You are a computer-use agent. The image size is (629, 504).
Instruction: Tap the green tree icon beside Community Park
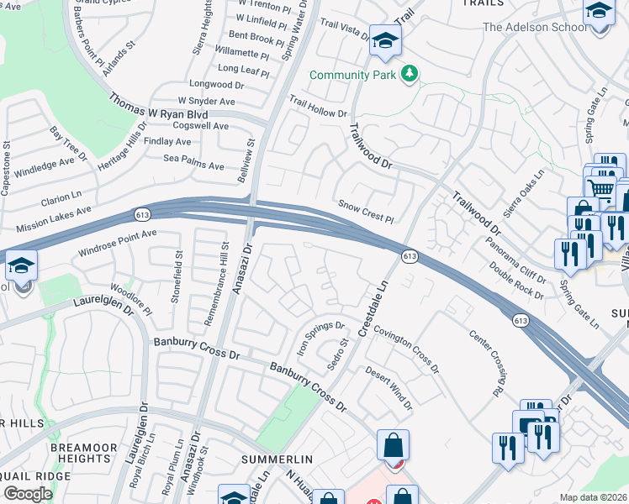tap(410, 75)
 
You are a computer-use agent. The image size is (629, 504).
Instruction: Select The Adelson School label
tap(535, 27)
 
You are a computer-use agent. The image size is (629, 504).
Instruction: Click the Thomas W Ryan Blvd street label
tap(158, 107)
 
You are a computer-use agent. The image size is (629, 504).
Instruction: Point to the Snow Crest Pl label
tap(366, 211)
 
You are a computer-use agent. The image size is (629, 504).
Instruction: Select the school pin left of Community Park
tap(385, 40)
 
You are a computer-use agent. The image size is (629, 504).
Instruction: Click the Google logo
tap(28, 494)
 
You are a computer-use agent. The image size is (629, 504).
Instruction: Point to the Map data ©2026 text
tap(593, 497)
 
